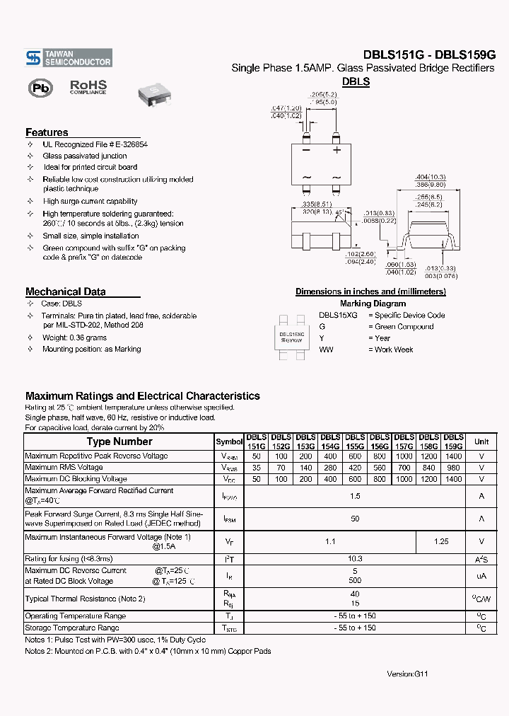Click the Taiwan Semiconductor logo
68,58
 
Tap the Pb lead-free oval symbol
41,88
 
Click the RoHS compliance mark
88,87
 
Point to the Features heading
47,132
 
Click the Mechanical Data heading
65,291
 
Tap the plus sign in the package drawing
337,150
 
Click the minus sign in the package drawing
306,150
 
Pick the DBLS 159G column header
453,441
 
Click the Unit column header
481,441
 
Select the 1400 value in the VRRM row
453,457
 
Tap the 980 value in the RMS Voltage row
453,468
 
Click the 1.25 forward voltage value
441,541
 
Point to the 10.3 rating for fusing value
355,559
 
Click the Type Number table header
119,441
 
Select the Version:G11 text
407,674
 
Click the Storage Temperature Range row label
71,628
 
